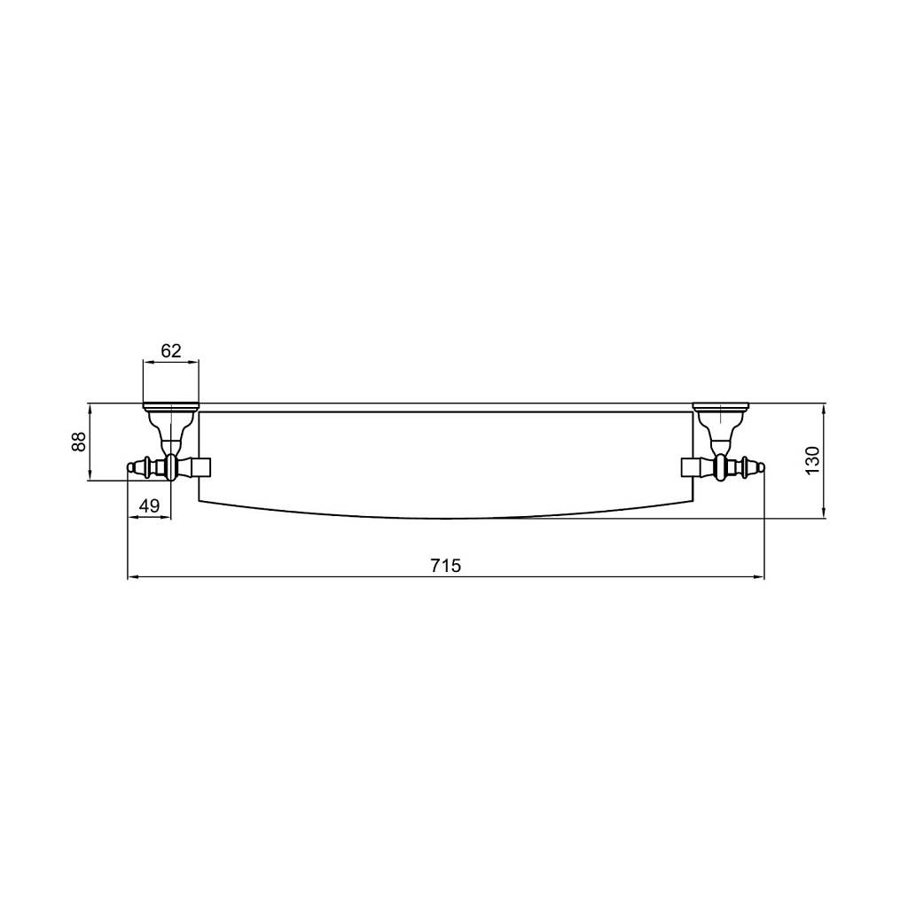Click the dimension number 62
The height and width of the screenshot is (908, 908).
coord(171,350)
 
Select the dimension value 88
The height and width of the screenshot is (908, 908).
coord(79,442)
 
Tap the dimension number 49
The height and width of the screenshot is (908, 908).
coord(149,505)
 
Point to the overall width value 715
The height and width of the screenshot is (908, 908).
coord(446,565)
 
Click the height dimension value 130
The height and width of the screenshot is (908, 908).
coord(813,460)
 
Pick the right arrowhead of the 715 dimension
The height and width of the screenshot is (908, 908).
coord(759,576)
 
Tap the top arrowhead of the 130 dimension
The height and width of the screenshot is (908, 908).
coord(824,408)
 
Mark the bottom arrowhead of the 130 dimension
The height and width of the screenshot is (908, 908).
coord(824,513)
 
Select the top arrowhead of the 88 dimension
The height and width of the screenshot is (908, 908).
coord(90,408)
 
